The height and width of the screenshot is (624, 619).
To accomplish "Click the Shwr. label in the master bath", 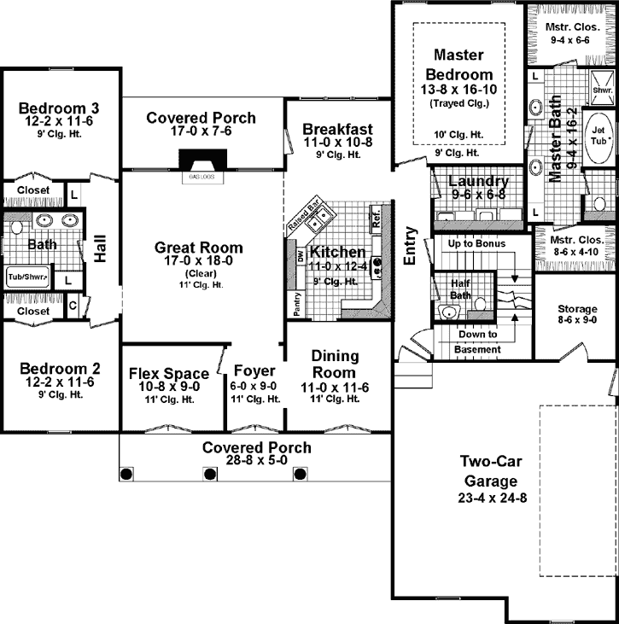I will (x=600, y=89).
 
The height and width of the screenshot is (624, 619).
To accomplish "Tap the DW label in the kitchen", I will (x=299, y=257).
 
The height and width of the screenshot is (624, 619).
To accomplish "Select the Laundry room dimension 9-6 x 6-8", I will (x=478, y=195).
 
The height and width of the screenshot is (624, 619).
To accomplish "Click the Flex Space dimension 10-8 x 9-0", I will (x=168, y=387).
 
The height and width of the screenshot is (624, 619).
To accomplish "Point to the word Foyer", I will (x=254, y=371).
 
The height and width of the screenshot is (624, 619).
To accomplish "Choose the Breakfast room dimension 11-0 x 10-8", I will (x=337, y=143).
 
